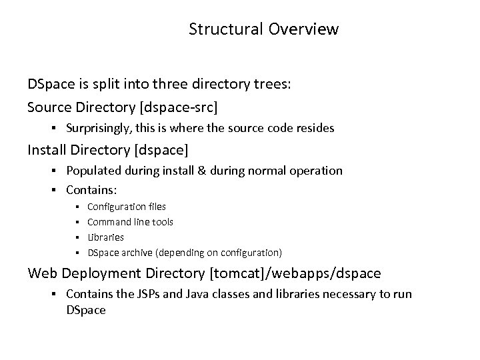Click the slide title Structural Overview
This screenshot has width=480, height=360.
click(263, 29)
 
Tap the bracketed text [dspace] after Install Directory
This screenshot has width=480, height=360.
click(160, 149)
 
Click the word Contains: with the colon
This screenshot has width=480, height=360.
click(91, 190)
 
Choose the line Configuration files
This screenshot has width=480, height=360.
click(127, 207)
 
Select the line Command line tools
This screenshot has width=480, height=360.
click(130, 222)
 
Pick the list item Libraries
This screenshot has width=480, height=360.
click(105, 237)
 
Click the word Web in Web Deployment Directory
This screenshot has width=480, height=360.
click(42, 273)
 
